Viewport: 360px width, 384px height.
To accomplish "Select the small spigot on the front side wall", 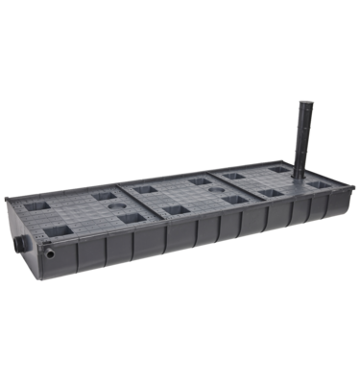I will pos(49,252).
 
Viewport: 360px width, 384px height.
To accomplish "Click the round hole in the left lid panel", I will pos(115,206).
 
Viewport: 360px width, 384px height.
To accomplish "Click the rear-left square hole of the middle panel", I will pos(147,190).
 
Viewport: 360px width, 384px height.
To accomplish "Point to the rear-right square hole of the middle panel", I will pos(201,180).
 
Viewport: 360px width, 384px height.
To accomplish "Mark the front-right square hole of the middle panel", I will pos(233,200).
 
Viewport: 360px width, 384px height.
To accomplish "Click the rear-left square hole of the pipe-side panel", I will pos(234,177).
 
